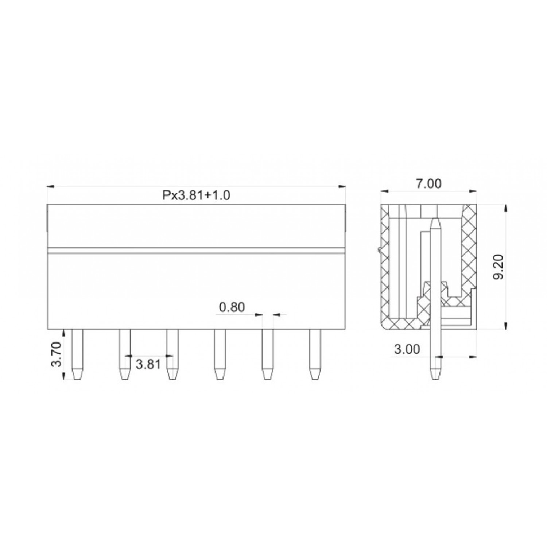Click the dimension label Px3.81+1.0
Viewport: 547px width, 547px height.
[196, 195]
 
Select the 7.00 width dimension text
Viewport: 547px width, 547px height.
[429, 183]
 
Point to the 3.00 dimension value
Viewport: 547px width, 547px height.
[407, 349]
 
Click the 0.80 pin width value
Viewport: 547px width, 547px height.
[232, 307]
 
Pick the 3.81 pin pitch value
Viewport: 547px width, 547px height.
[148, 364]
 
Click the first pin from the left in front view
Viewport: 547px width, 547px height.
[77, 354]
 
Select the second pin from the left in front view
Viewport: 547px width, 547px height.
[124, 354]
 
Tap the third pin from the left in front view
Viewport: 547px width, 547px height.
[172, 354]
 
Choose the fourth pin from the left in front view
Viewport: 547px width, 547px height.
[220, 354]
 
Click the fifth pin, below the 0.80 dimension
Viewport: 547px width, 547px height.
[267, 354]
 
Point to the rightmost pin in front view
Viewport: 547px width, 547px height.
[315, 354]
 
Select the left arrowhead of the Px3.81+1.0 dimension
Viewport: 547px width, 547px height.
[50, 187]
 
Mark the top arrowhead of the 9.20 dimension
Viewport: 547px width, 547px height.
[505, 208]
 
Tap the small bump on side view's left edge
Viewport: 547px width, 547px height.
[380, 251]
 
